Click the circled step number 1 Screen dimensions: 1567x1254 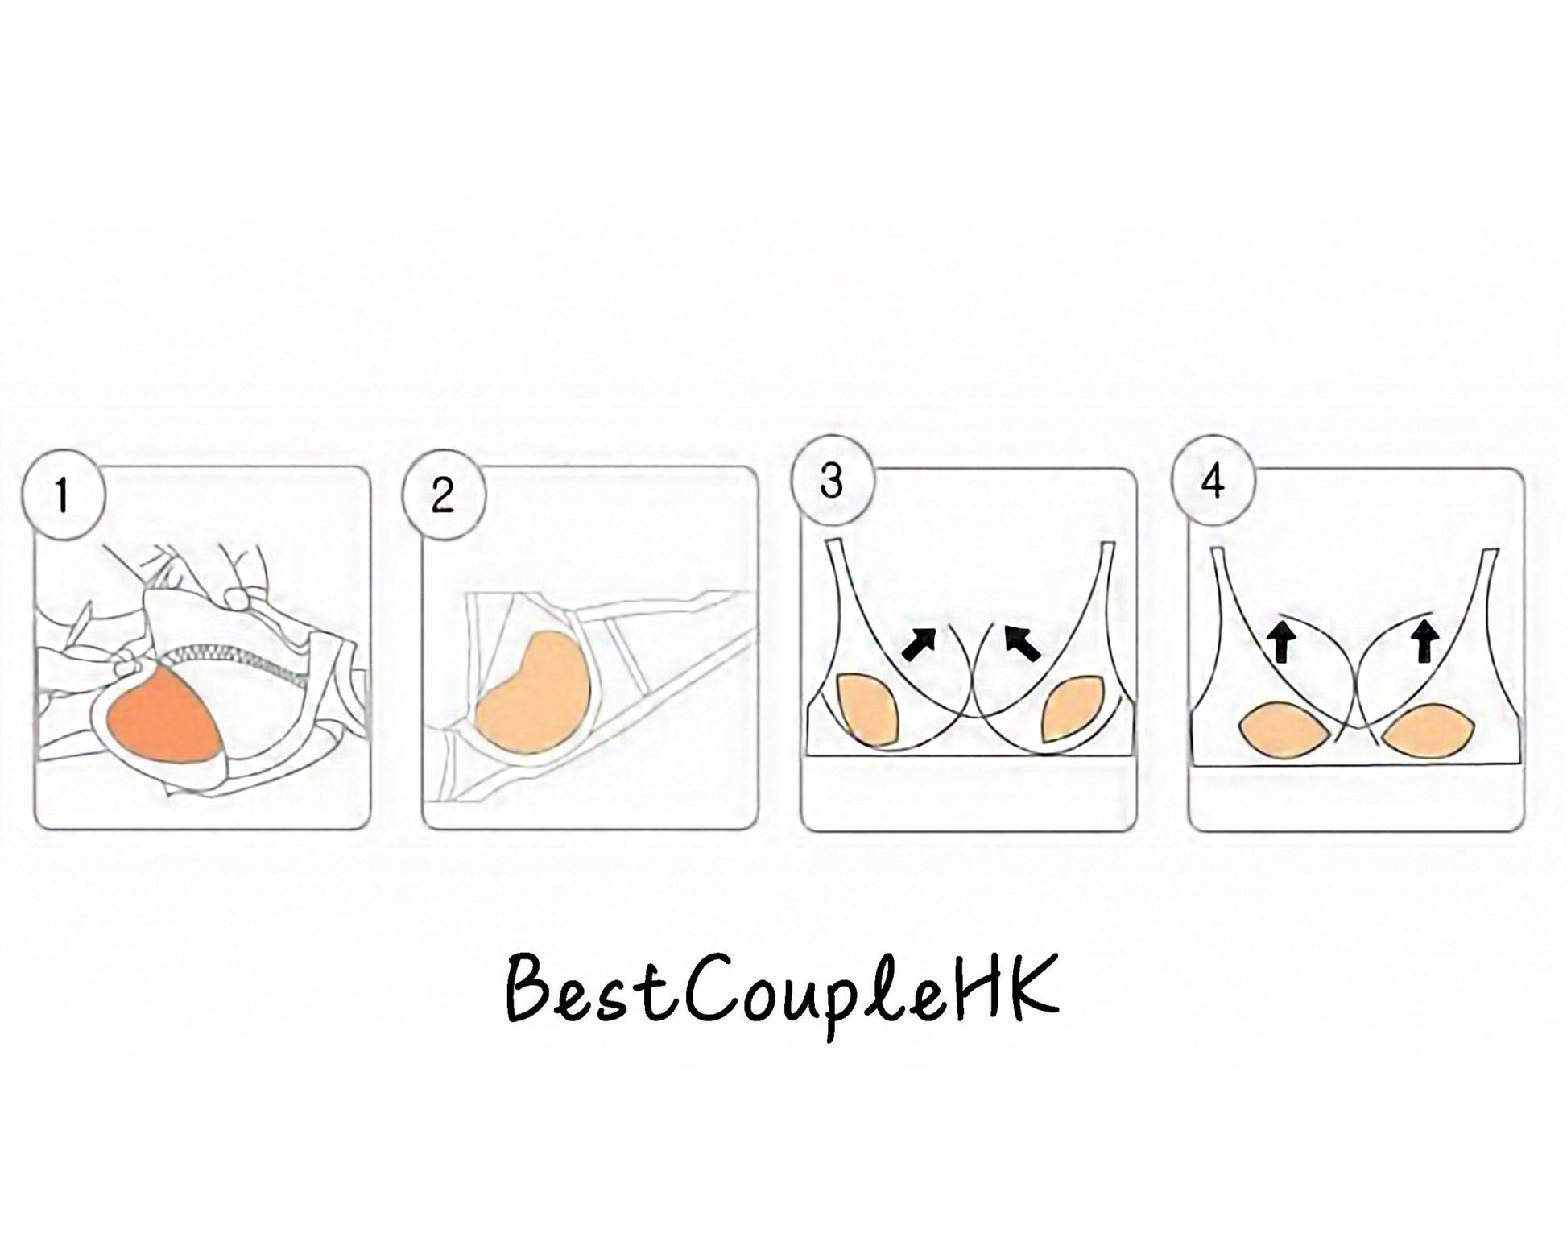pyautogui.click(x=63, y=494)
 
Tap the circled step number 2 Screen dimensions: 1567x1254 pyautogui.click(x=443, y=494)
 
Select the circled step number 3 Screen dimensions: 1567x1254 pyautogui.click(x=832, y=480)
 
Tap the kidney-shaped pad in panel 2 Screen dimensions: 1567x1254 pyautogui.click(x=535, y=685)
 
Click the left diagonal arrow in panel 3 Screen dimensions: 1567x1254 pyautogui.click(x=920, y=644)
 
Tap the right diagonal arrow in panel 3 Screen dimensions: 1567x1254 pyautogui.click(x=1023, y=644)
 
